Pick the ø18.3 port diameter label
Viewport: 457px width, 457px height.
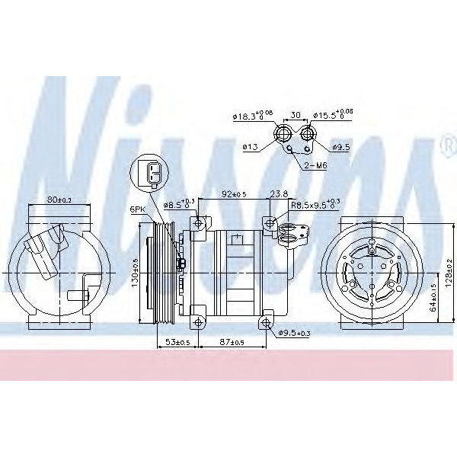[x=254, y=117]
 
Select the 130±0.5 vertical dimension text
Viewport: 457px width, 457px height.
[x=135, y=270]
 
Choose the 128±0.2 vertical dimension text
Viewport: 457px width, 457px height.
[x=449, y=270]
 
